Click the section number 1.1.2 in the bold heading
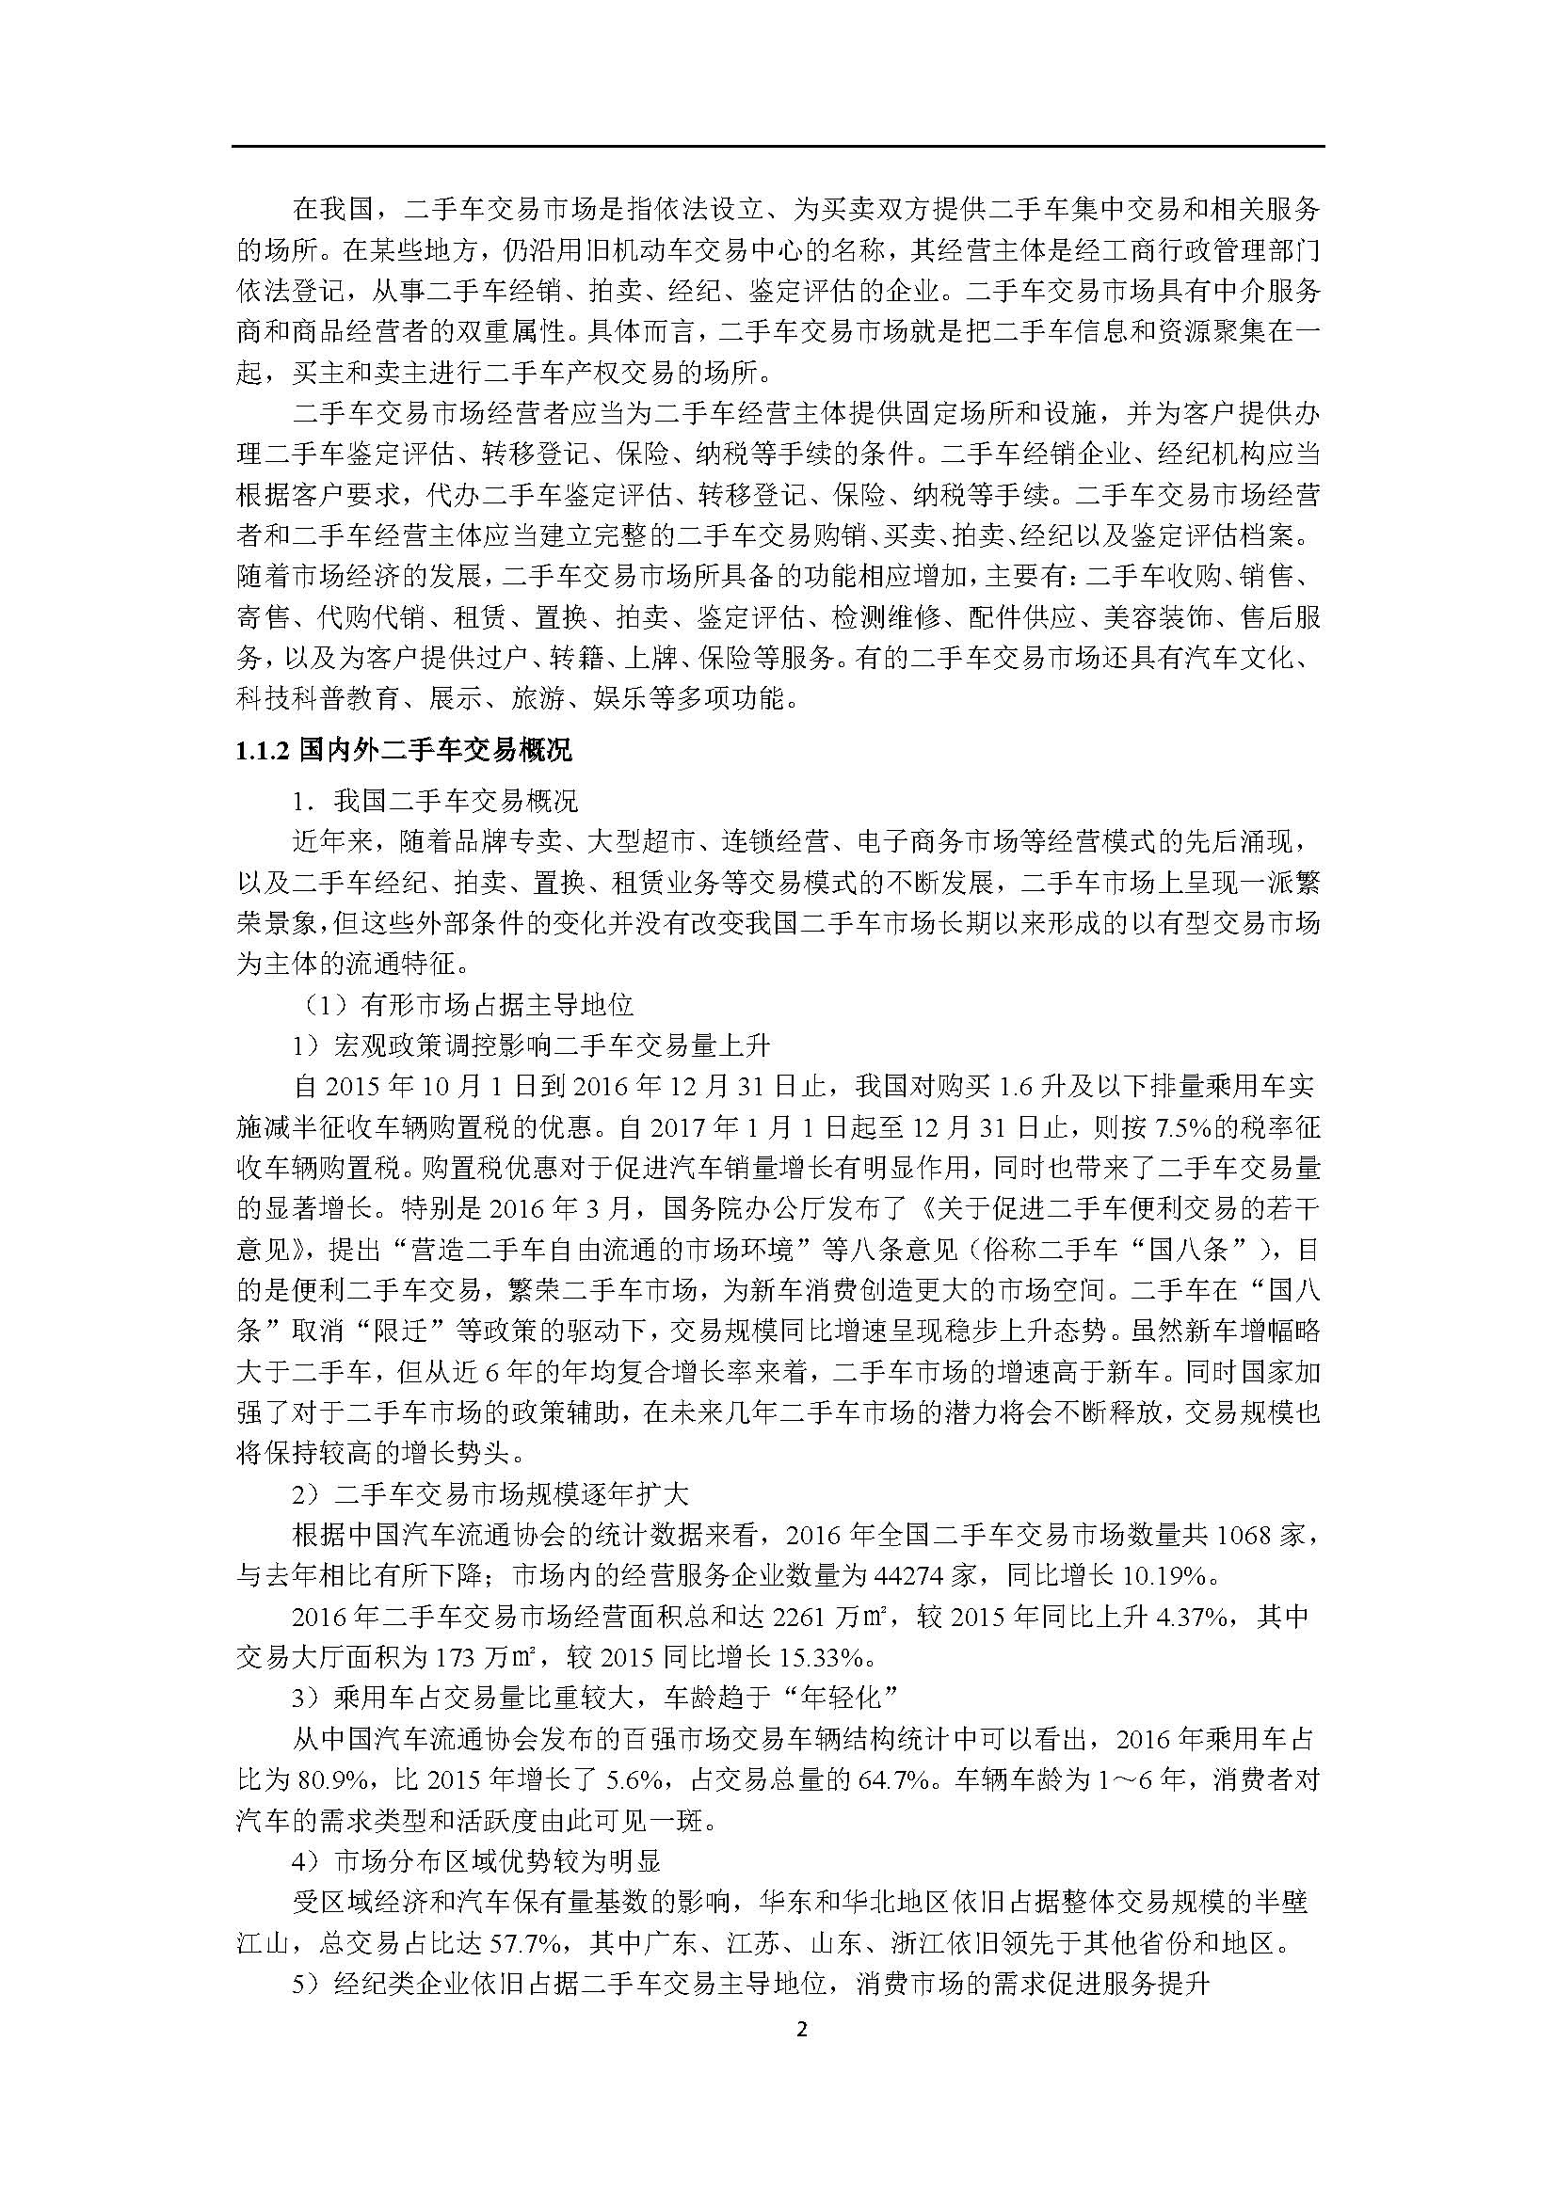(x=262, y=750)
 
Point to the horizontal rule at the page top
(x=778, y=147)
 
